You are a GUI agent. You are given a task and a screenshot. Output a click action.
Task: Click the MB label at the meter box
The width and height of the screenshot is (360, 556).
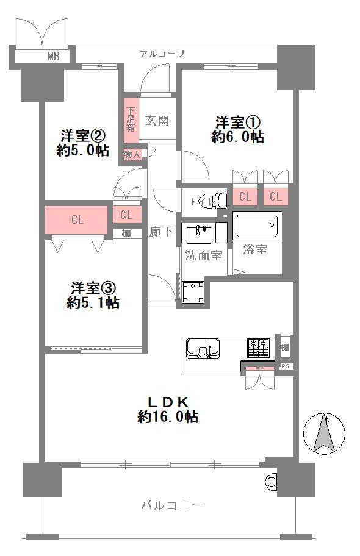click(54, 57)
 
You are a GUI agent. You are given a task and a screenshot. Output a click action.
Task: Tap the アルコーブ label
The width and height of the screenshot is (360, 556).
click(162, 54)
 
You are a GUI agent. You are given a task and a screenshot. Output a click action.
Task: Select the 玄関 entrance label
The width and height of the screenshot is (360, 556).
click(157, 120)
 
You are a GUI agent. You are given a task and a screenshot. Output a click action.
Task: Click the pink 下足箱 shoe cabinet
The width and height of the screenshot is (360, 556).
click(131, 120)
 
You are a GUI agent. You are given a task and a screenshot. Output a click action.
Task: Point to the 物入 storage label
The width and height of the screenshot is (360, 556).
click(132, 155)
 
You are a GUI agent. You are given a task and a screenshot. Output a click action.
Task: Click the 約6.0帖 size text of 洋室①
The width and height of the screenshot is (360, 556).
click(237, 138)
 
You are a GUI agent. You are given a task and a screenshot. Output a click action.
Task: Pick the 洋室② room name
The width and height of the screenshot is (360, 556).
click(83, 134)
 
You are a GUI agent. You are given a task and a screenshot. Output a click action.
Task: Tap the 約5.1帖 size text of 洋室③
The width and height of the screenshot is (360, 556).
click(93, 302)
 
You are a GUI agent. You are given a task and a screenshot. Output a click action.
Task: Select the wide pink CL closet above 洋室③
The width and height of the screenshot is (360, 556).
click(77, 220)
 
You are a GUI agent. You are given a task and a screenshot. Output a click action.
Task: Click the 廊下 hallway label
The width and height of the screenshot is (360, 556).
click(160, 232)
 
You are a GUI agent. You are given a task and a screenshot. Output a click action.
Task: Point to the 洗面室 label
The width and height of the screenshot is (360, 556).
click(204, 255)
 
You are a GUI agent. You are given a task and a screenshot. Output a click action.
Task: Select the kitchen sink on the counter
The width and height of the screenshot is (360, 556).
click(202, 349)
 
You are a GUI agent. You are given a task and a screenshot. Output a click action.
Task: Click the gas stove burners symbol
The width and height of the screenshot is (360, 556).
click(259, 347)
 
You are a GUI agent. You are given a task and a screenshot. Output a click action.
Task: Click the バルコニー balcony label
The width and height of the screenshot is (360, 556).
click(171, 505)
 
